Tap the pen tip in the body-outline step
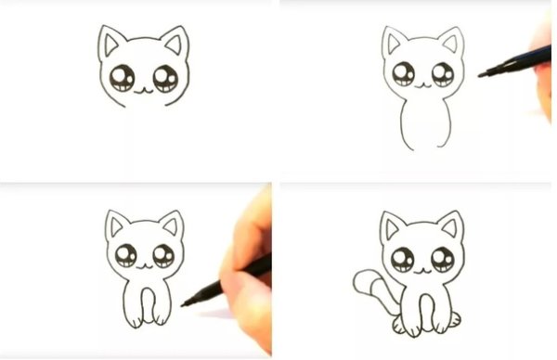[482, 73]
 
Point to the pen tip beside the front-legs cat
[185, 302]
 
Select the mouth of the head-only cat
[142, 90]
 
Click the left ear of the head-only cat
[111, 43]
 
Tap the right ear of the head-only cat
[174, 43]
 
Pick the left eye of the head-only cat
[122, 79]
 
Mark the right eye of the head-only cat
[165, 78]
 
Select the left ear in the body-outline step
[394, 42]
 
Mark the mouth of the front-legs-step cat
[145, 264]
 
